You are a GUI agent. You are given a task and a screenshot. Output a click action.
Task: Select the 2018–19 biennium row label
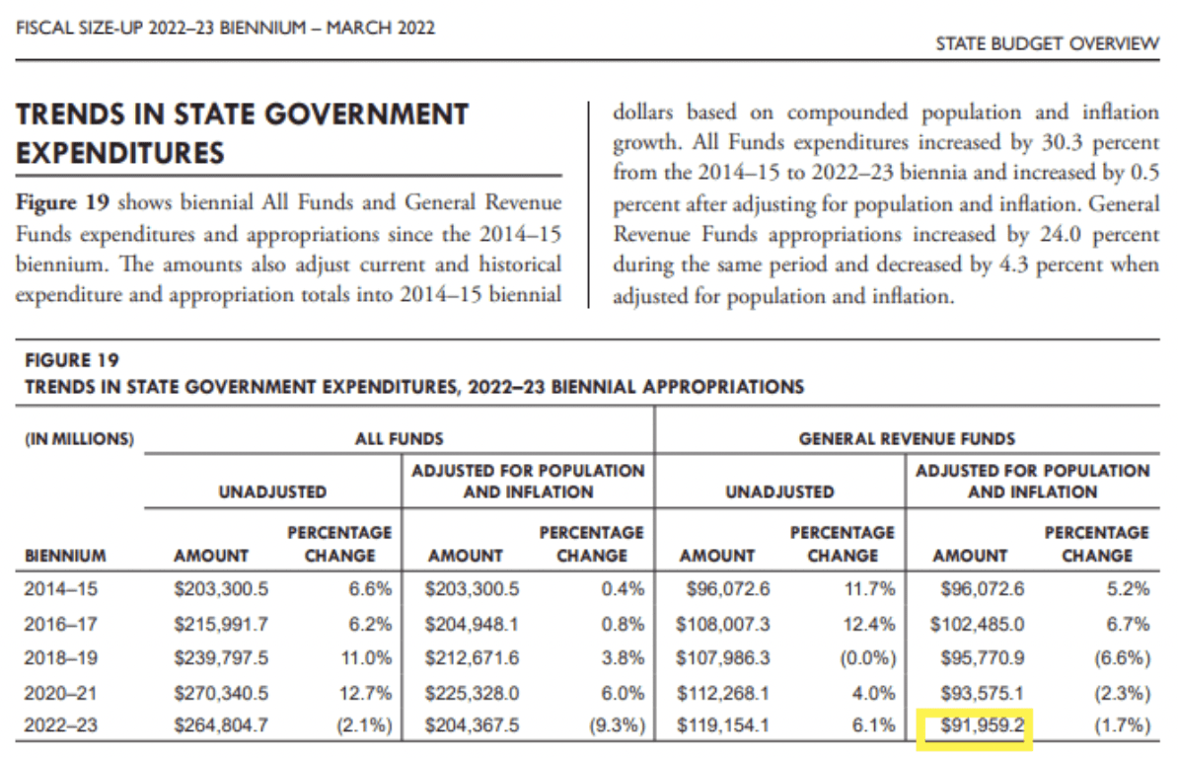(x=61, y=658)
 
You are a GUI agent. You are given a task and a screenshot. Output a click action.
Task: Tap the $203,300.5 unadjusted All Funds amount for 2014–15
(x=221, y=589)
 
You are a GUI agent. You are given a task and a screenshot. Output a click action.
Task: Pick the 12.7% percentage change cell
(x=365, y=693)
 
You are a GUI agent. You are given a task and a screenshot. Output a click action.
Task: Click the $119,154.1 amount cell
(x=723, y=725)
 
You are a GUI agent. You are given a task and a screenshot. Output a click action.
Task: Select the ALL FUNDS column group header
(x=399, y=439)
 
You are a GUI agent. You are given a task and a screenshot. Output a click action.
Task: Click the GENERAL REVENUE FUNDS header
(x=907, y=439)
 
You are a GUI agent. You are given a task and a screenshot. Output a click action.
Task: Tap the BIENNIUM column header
(x=65, y=556)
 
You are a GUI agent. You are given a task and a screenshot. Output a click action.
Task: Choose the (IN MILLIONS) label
(x=79, y=439)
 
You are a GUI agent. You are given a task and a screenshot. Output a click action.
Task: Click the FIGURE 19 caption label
(x=72, y=360)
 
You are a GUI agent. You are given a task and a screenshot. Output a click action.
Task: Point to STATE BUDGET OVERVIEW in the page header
(x=1048, y=43)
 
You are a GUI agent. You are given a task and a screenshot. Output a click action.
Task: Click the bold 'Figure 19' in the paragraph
(x=63, y=203)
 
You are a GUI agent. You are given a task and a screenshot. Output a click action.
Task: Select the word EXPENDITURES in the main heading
(x=120, y=153)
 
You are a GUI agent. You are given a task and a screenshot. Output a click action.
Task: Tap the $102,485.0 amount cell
(x=977, y=625)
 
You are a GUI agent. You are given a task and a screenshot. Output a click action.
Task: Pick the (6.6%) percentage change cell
(x=1123, y=658)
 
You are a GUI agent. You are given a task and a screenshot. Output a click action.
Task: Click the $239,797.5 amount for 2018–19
(x=221, y=658)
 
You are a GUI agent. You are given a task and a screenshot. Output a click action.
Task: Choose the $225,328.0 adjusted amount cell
(x=472, y=693)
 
